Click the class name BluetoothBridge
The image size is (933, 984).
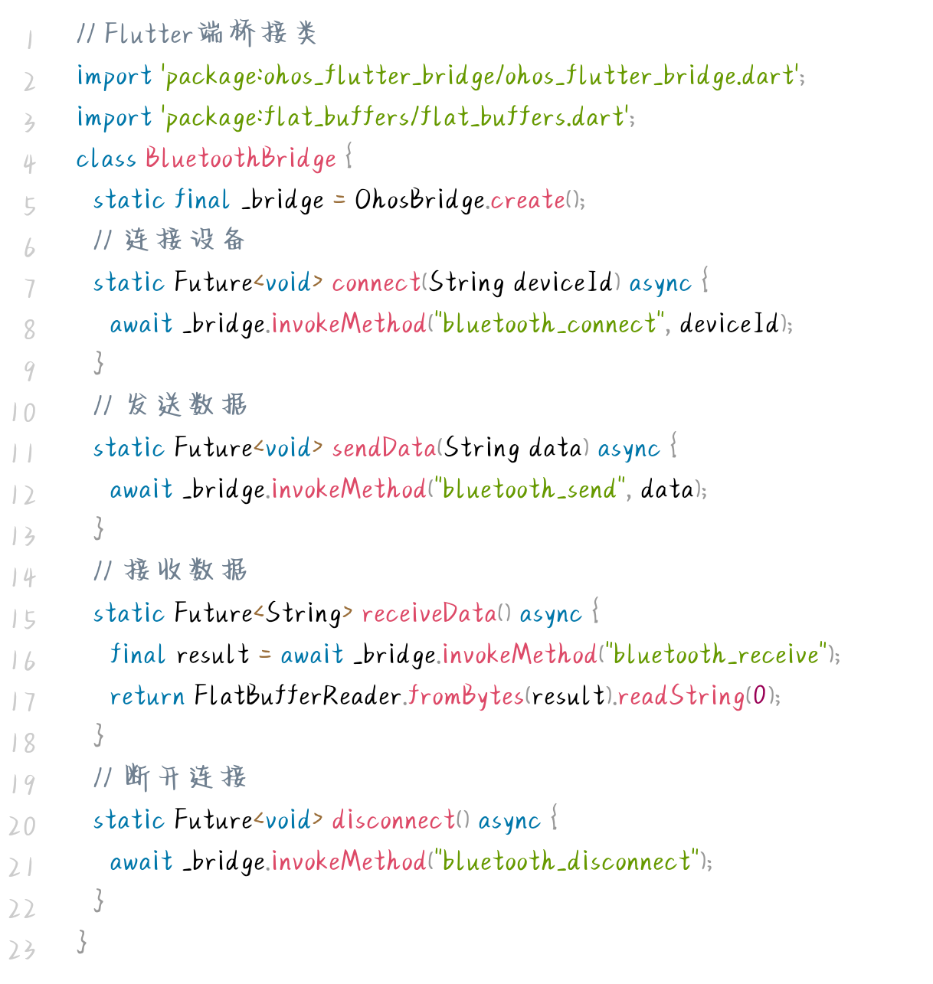coord(241,159)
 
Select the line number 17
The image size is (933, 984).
coord(23,701)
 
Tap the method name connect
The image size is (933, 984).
coord(376,283)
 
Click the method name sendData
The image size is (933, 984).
coord(384,448)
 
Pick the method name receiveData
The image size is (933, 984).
coord(429,613)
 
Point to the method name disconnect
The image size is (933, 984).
coord(394,820)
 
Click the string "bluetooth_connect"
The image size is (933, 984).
coord(549,324)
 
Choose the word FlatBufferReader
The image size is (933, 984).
coord(297,696)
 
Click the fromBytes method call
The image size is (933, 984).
coord(466,696)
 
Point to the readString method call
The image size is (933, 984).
coord(680,696)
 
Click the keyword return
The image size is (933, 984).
coord(147,696)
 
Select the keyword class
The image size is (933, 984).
coord(106,159)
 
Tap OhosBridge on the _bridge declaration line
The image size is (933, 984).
coord(419,200)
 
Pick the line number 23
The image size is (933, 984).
coord(22,950)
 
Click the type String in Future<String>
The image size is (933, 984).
coord(303,613)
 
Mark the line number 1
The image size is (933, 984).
coord(29,39)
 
